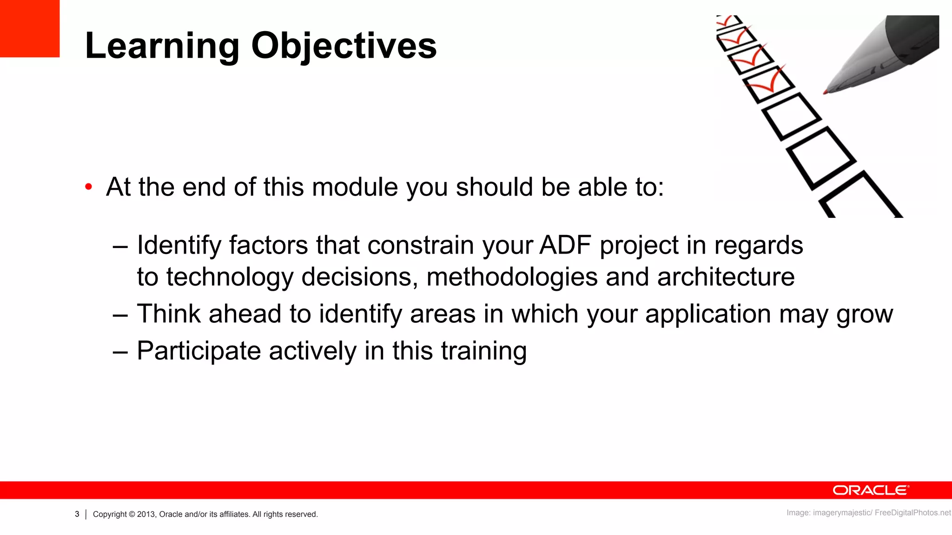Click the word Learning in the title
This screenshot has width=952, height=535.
162,46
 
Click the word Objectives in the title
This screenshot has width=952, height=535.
344,46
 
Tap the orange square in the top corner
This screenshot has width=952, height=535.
29,28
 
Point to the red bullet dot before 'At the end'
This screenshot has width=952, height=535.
89,187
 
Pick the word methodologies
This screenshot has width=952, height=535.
512,277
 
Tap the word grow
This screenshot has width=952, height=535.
865,314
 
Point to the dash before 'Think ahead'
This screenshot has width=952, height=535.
120,315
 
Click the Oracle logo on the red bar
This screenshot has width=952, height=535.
871,490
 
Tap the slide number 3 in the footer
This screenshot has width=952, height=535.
77,514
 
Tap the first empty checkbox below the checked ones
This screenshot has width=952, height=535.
791,116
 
